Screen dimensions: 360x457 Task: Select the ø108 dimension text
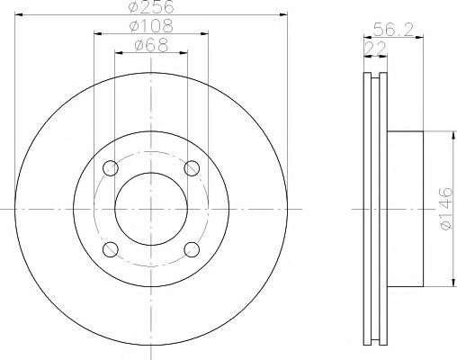150,27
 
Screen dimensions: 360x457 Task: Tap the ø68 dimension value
150,45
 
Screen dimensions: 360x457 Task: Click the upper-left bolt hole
110,168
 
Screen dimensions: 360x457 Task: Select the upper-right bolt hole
191,168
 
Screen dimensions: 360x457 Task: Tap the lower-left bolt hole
110,248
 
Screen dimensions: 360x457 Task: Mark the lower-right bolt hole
191,248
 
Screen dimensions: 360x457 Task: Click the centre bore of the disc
150,208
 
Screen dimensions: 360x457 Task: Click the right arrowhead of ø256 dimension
281,14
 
